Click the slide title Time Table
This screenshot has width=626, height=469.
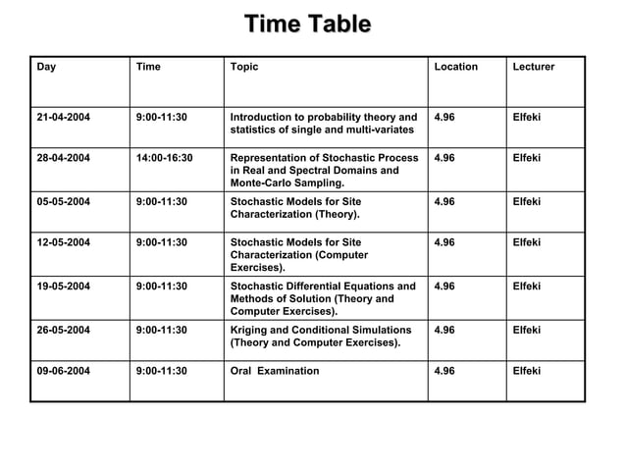coord(307,24)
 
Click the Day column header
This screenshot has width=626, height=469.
coord(46,68)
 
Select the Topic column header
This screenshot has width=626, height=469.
coord(243,68)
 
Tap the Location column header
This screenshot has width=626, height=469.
coord(455,68)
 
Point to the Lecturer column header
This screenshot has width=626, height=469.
coord(534,68)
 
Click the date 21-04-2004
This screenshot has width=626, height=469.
coord(64,118)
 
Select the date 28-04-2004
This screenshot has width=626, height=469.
coord(64,158)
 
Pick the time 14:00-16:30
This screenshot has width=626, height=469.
coord(165,158)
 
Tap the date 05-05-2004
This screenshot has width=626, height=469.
coord(64,201)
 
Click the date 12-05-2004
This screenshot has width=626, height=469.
coord(64,242)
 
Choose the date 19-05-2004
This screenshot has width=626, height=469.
coord(64,287)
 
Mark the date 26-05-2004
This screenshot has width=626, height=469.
coord(64,330)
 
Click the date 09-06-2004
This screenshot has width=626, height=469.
coord(64,371)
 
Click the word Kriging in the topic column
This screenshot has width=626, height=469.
coord(251,330)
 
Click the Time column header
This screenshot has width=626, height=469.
coord(149,68)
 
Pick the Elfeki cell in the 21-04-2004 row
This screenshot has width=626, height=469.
coord(527,118)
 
